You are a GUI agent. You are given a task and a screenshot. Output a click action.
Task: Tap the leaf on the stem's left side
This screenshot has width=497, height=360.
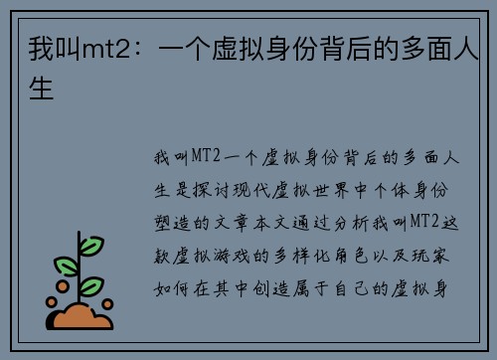click(66, 266)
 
